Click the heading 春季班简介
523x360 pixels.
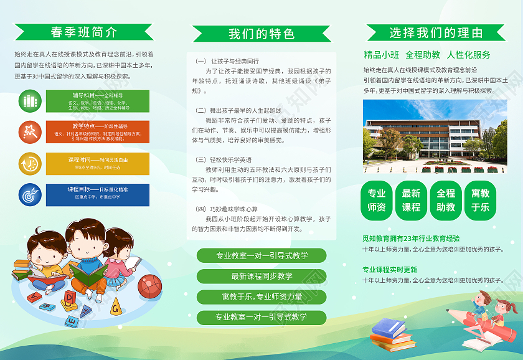83,31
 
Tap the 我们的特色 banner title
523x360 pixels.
261,34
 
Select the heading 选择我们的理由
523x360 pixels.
436,32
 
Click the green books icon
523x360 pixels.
29,100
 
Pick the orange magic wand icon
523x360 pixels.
29,132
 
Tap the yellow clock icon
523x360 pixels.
29,163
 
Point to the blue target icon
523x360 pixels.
29,194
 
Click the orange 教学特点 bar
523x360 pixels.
98,132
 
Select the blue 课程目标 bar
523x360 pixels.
98,194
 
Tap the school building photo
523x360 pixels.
435,136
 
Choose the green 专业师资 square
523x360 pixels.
377,200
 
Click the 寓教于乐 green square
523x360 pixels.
480,200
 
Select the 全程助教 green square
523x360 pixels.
446,200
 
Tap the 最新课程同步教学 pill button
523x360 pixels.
261,276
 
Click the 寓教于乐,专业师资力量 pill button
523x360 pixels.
261,296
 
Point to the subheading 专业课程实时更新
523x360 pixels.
390,270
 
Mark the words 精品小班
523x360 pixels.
381,55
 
